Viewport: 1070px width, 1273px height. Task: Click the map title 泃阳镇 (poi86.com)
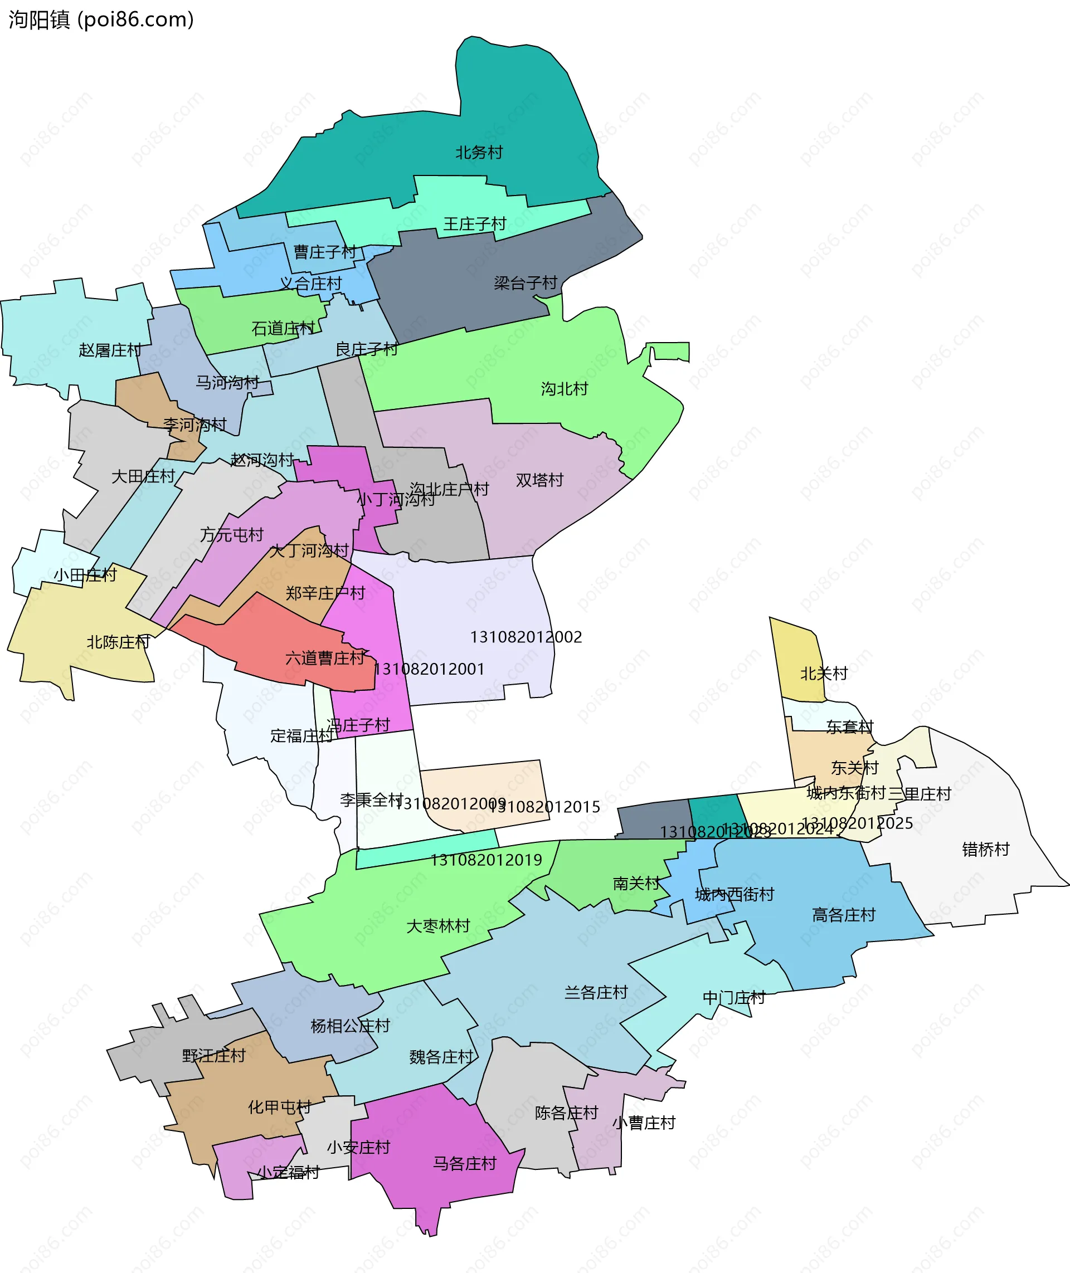101,19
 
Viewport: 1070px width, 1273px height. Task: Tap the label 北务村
479,152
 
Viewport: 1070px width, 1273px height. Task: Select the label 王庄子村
474,224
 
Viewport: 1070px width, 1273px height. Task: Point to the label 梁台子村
526,282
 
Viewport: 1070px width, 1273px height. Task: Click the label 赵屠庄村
110,350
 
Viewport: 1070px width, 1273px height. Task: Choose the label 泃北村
564,389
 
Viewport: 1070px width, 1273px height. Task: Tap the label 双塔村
539,480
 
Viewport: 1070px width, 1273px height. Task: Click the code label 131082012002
526,637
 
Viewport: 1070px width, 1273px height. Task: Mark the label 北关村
824,673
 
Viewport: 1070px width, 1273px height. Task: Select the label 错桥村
986,849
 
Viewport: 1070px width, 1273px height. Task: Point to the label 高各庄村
844,915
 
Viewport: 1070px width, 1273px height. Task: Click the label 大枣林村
438,926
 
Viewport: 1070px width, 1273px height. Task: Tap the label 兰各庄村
596,992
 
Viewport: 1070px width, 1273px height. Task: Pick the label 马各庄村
465,1163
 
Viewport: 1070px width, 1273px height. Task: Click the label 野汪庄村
213,1056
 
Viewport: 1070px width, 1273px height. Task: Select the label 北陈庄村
118,642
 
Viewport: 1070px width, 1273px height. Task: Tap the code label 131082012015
544,807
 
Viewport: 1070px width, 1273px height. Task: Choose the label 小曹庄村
644,1123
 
